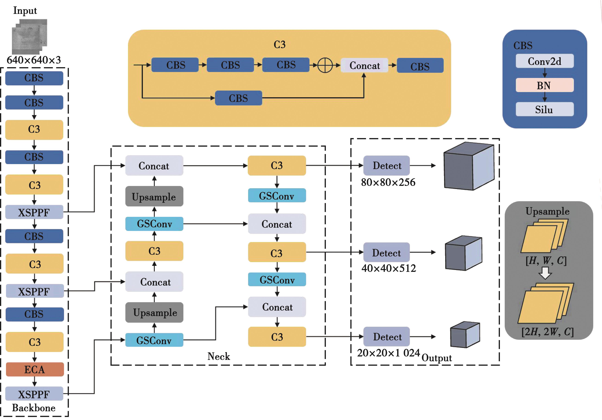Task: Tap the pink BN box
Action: click(x=544, y=85)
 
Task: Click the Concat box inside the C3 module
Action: click(x=364, y=65)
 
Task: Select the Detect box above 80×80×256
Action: click(x=387, y=165)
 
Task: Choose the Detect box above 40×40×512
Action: click(x=387, y=252)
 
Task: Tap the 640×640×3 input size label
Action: click(x=34, y=60)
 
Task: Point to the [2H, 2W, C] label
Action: click(x=547, y=332)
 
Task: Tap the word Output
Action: click(x=437, y=358)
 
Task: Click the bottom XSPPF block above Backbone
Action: click(x=34, y=394)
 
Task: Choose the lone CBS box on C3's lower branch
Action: click(x=238, y=98)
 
